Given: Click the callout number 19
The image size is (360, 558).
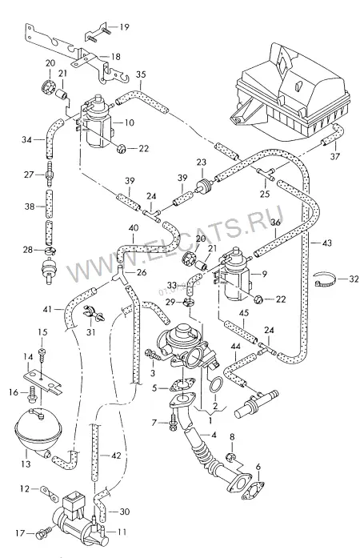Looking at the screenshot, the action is [x=124, y=27].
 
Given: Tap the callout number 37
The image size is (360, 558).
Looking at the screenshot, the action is [x=334, y=156].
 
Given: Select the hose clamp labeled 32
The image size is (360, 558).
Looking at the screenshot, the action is [x=325, y=280].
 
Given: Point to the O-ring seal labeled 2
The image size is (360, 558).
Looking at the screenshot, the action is [x=216, y=385].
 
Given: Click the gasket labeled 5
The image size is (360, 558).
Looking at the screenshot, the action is [x=182, y=385].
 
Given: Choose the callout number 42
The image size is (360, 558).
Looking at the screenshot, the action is [x=116, y=456].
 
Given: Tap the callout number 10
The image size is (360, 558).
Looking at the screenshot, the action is [x=129, y=122].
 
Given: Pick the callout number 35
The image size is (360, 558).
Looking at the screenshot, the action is [x=141, y=74].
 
